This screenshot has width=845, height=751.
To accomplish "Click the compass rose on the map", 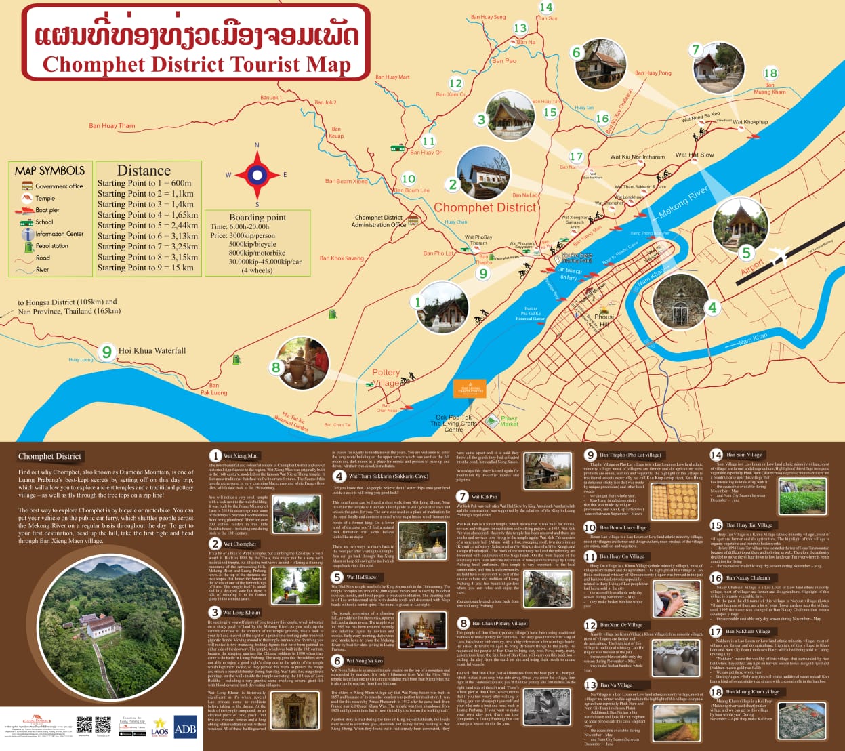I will point(257,174).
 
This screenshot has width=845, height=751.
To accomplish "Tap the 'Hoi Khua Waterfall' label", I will point(152,350).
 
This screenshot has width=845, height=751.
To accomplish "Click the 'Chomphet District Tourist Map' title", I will point(197,64).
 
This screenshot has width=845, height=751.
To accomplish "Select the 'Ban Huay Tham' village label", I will point(112,125).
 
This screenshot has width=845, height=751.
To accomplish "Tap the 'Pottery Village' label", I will point(386,378).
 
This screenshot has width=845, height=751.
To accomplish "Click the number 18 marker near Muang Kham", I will point(770,73).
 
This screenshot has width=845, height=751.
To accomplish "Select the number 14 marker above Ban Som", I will point(545,7).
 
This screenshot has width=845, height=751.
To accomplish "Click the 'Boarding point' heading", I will point(257,218).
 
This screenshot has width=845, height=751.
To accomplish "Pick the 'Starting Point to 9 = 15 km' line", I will point(145,268).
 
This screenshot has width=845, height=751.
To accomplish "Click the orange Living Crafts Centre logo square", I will point(470,389).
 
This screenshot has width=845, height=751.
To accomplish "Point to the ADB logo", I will point(186,729).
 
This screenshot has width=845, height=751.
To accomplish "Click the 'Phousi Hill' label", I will point(604,320).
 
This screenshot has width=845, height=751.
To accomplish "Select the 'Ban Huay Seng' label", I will point(488,17).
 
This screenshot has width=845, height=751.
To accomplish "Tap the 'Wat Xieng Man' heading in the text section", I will point(241,456).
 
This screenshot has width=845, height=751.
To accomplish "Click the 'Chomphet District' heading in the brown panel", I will point(49,456).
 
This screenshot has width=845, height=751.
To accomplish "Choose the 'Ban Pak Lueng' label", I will point(214,389).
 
